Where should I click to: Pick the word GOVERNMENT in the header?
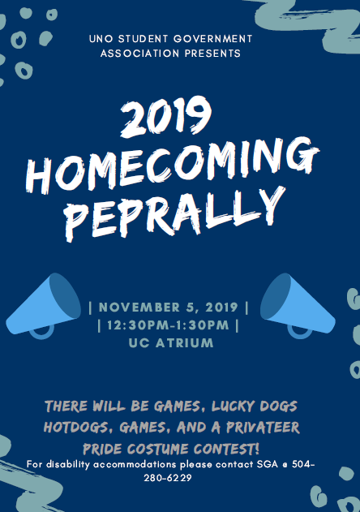[214, 38]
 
